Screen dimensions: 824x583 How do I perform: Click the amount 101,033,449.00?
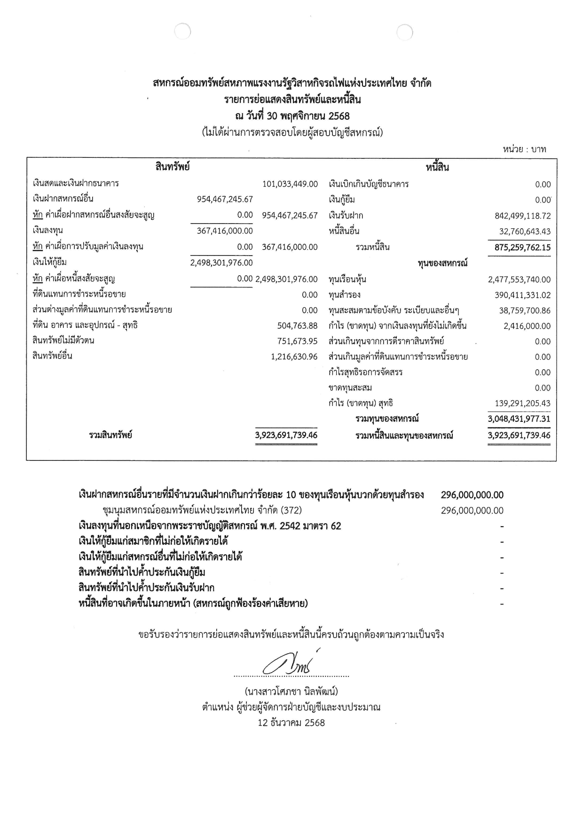click(290, 184)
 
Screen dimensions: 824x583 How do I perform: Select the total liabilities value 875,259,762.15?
click(522, 248)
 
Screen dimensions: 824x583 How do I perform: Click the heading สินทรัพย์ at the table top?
click(172, 166)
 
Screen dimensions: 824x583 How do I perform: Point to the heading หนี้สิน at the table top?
click(437, 167)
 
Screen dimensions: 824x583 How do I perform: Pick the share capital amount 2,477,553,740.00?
click(519, 280)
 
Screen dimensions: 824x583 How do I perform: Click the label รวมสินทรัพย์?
click(110, 435)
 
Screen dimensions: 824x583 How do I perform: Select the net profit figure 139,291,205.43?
click(522, 403)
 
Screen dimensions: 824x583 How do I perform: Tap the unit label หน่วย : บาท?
click(524, 149)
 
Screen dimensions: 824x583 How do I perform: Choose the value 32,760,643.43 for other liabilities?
click(525, 232)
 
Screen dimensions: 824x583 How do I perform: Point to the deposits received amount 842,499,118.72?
click(522, 216)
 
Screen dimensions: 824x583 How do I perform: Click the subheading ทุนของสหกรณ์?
click(442, 263)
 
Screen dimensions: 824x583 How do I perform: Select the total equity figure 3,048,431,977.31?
click(519, 419)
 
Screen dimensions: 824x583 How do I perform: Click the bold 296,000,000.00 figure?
click(472, 495)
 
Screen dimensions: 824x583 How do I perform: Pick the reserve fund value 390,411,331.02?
click(522, 295)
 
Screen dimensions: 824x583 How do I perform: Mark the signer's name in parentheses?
click(291, 692)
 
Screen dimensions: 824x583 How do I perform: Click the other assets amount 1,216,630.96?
click(294, 357)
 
